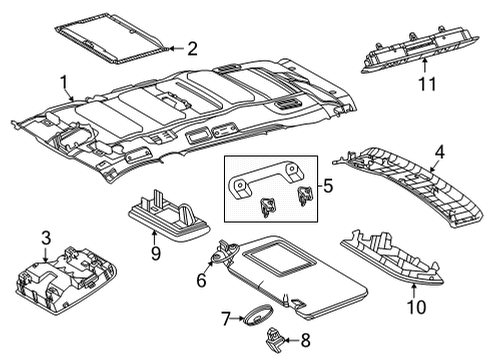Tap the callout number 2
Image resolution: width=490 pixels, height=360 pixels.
coord(192,47)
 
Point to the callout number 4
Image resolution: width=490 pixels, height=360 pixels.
coord(437,153)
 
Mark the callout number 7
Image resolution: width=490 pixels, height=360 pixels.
coord(226,320)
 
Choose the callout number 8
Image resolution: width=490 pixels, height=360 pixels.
coord(306,339)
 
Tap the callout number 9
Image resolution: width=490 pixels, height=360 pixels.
coord(155,254)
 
